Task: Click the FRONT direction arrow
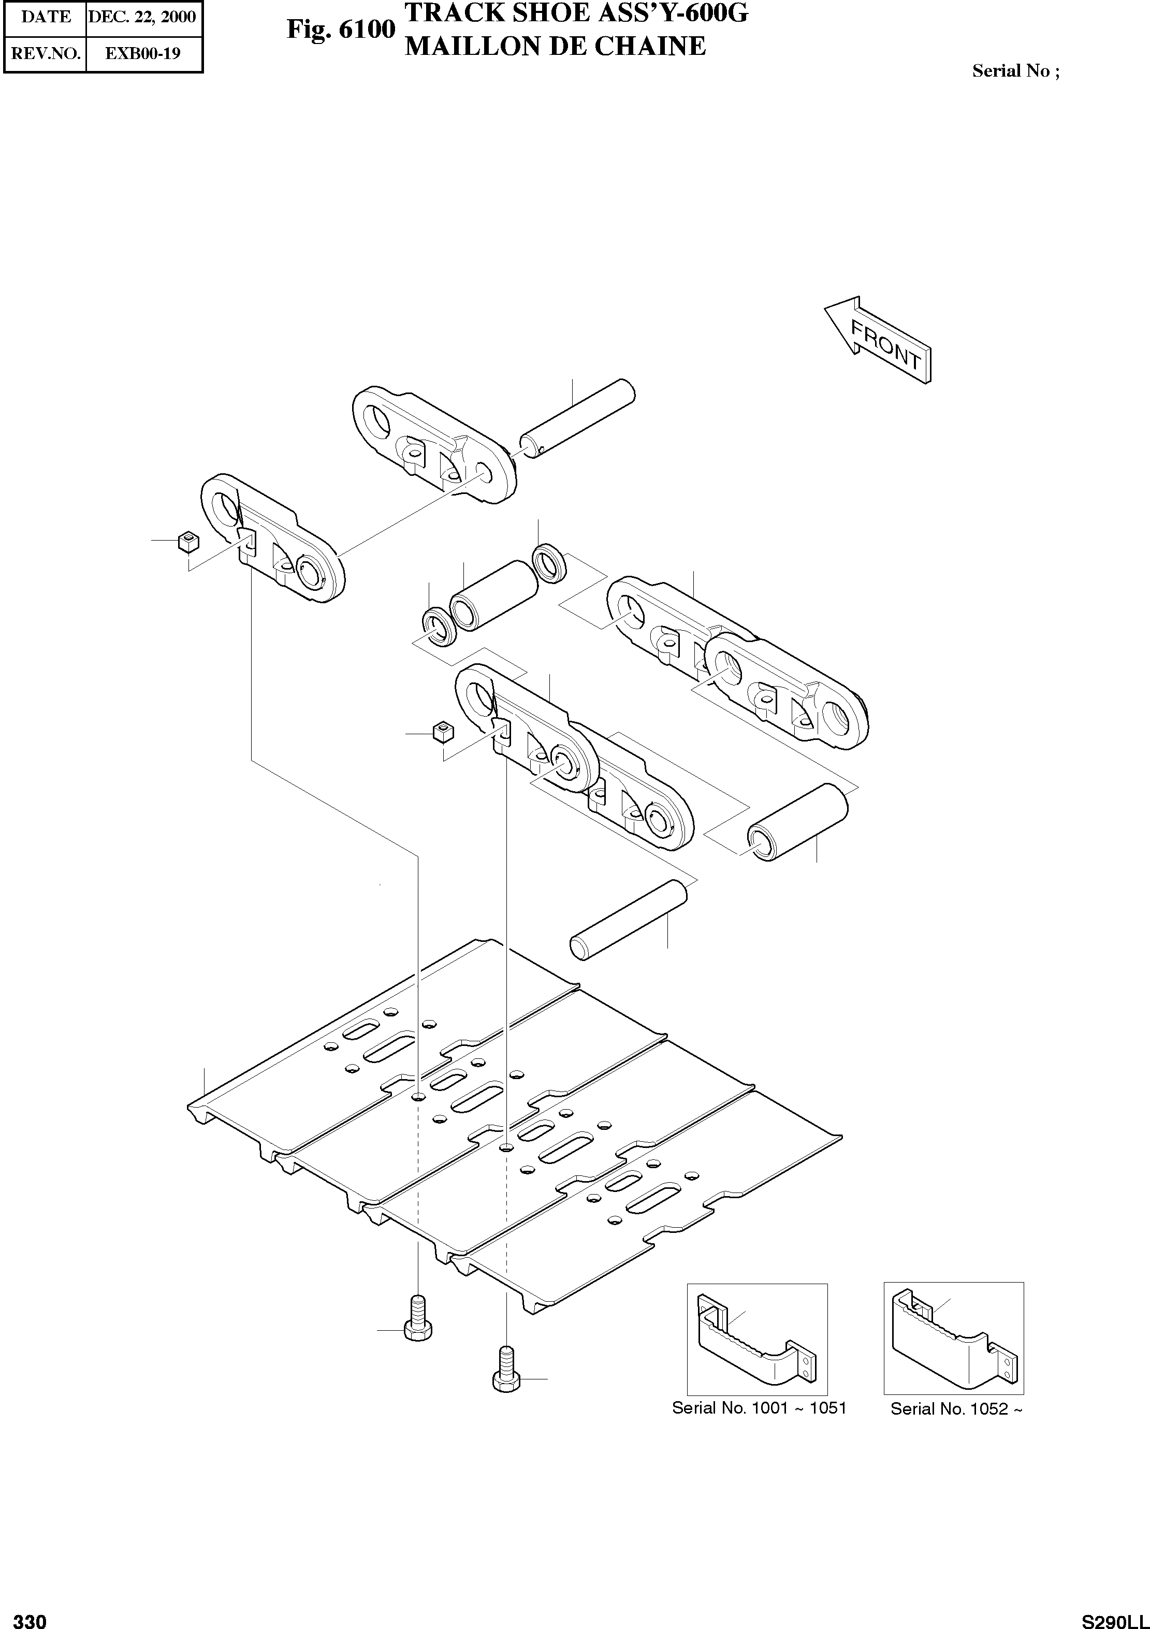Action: click(878, 340)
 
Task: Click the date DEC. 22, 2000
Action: click(142, 17)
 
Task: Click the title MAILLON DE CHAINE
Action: click(555, 47)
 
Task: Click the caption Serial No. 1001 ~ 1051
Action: click(759, 1408)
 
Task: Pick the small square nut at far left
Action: click(188, 543)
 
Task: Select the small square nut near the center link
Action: click(442, 731)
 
